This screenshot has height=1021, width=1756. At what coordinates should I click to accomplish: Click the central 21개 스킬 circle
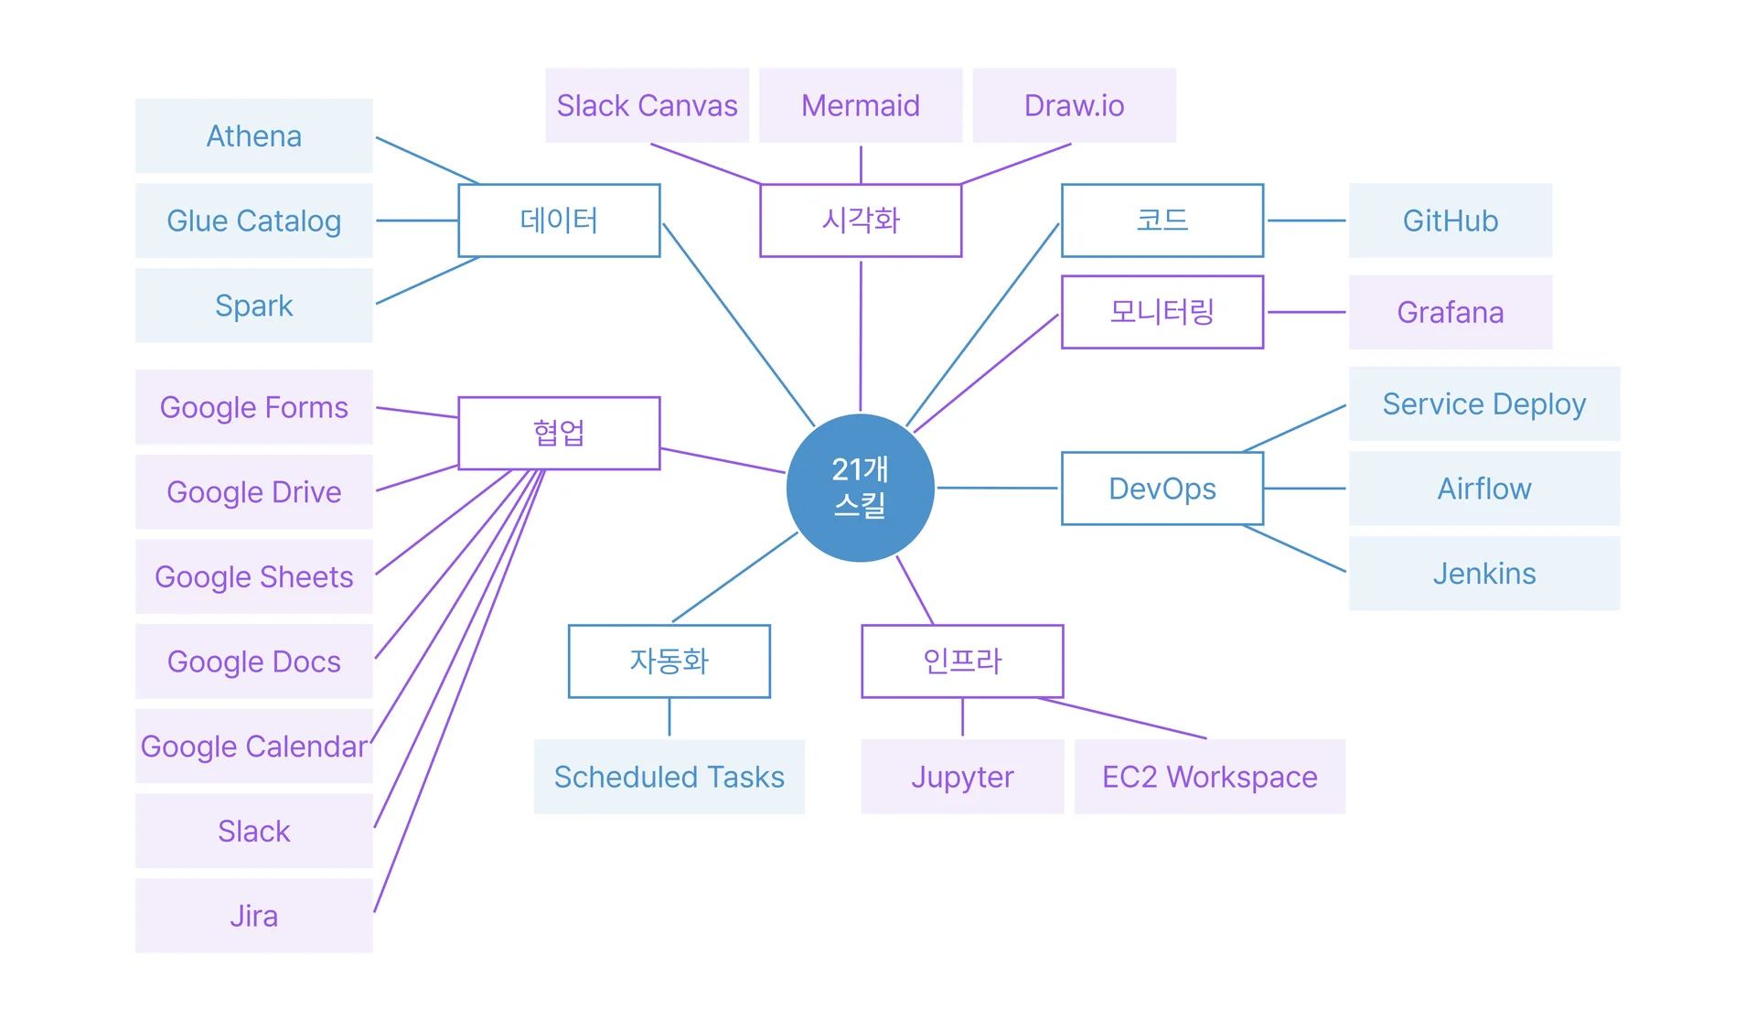click(x=860, y=488)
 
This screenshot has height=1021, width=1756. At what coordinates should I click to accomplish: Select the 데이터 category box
click(x=559, y=220)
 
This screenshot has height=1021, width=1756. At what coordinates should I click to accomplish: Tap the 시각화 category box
click(x=861, y=220)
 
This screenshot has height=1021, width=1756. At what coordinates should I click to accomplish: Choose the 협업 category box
click(x=559, y=433)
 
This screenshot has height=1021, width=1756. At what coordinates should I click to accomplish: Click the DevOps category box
click(x=1162, y=489)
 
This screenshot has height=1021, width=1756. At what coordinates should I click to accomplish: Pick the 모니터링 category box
click(x=1162, y=312)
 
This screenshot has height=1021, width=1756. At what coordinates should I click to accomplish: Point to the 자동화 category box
click(x=669, y=661)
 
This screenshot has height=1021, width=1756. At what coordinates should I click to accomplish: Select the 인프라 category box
click(x=962, y=661)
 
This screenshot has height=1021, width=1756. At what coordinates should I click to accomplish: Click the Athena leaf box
click(x=254, y=135)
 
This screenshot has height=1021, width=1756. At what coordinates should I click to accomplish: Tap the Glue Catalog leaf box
click(x=254, y=220)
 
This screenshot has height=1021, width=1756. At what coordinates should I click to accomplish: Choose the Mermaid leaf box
click(x=861, y=105)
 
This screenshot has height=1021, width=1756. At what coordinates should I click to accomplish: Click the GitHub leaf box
click(x=1450, y=220)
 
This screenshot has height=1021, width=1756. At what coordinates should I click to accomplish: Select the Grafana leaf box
click(x=1450, y=312)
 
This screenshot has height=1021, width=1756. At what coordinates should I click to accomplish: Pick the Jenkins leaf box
click(x=1483, y=574)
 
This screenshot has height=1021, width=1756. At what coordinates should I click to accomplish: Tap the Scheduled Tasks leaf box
click(x=669, y=777)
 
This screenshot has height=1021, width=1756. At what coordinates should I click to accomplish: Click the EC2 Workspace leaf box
click(x=1209, y=777)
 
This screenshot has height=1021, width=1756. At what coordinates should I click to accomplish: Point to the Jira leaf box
click(x=254, y=916)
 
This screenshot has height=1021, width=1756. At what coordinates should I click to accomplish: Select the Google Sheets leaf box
click(x=254, y=576)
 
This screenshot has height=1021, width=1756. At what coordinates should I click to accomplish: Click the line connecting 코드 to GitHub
click(x=1306, y=220)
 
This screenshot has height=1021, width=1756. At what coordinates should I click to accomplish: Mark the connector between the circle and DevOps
click(x=997, y=488)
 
